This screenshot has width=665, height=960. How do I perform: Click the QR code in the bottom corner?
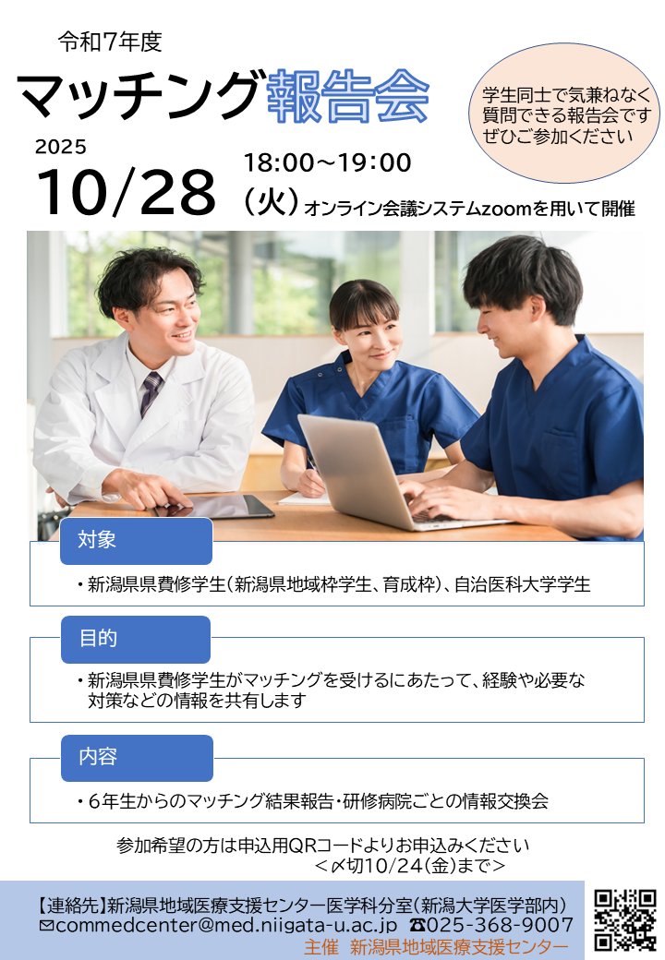tap(624, 919)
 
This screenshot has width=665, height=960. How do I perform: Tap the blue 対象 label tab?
tap(136, 541)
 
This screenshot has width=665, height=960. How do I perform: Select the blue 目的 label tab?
tap(136, 639)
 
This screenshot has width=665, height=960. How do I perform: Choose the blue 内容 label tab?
tap(137, 758)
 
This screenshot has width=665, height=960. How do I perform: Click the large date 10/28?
tap(127, 192)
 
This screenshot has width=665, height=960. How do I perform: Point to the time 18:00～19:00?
tap(328, 162)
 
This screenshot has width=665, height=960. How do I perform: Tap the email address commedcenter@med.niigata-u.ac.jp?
tap(219, 925)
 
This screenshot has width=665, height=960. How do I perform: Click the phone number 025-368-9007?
tap(492, 925)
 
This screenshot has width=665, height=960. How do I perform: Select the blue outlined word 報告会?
tap(348, 97)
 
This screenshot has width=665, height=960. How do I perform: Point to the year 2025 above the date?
tap(61, 147)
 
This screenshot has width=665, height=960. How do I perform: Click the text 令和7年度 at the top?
tap(110, 42)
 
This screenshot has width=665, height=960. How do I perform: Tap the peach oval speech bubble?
tap(564, 114)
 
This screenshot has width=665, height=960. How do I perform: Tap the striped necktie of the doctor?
tap(150, 393)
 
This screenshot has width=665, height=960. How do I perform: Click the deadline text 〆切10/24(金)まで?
tap(410, 866)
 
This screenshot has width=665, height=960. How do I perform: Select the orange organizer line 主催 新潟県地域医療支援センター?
tap(436, 947)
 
